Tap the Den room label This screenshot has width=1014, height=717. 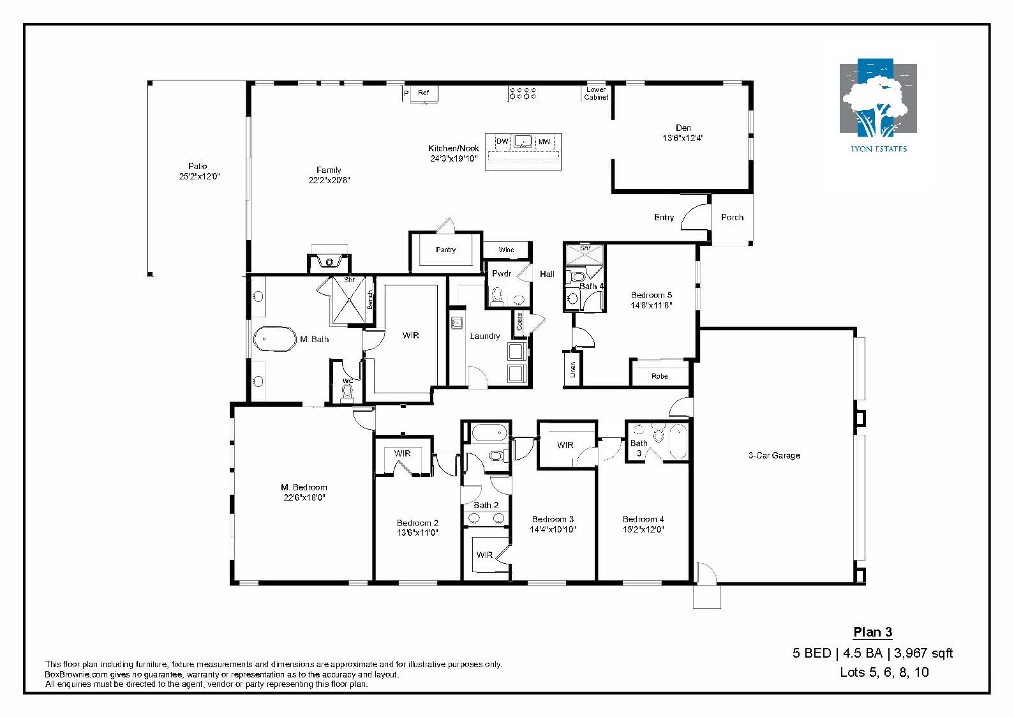[683, 128]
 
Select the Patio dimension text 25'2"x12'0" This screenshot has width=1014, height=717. [199, 176]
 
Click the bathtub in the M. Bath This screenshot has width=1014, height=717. [275, 339]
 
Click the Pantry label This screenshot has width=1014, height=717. [446, 250]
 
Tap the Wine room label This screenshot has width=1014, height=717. [506, 250]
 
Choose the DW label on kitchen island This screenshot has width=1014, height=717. [502, 141]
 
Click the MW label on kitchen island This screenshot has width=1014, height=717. [544, 142]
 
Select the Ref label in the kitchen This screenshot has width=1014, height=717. [423, 93]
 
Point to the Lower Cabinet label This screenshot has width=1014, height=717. [596, 93]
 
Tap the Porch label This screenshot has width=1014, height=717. [732, 218]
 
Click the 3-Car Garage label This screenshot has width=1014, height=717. [774, 456]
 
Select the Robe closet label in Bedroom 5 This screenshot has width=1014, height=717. [660, 376]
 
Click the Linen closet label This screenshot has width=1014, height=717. [572, 370]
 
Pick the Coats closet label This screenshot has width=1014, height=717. [519, 322]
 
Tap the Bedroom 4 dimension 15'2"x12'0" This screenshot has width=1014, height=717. [643, 529]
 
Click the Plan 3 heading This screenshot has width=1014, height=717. [873, 632]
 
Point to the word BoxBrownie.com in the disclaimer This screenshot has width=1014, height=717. [77, 674]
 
